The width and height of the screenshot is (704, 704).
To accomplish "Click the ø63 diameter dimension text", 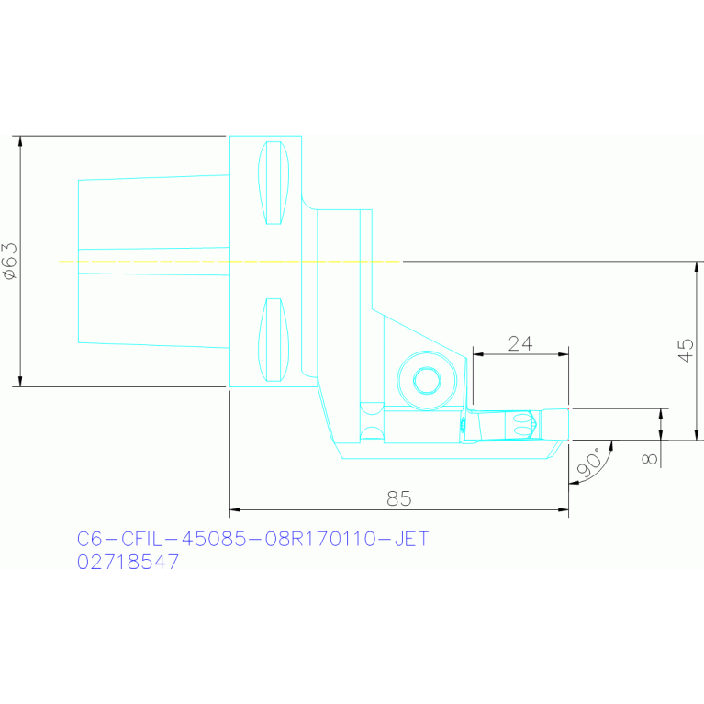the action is click(x=9, y=261).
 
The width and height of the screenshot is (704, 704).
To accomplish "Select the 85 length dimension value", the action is click(x=399, y=498).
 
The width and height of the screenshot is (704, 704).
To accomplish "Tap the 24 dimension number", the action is click(x=520, y=343).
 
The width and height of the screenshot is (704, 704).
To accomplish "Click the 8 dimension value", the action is click(x=651, y=456).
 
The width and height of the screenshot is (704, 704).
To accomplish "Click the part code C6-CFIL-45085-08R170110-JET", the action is click(x=252, y=539).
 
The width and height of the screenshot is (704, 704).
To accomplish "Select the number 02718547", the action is click(x=128, y=563).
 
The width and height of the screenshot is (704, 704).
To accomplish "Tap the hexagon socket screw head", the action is click(x=426, y=378).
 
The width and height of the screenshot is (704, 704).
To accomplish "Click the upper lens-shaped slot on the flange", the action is click(x=274, y=183).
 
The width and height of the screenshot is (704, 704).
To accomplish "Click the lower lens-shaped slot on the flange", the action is click(x=274, y=340).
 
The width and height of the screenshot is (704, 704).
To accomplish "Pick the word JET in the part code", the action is click(x=410, y=539).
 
